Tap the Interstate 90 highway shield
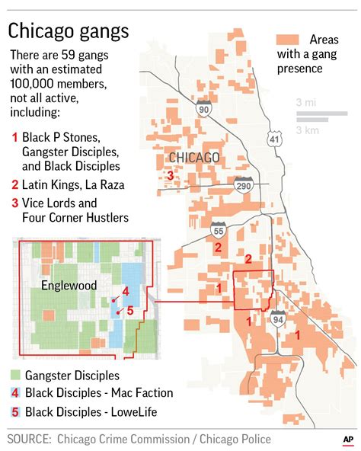point(204,108)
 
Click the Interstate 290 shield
point(244,185)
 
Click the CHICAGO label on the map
point(193,158)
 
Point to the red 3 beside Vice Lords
point(14,203)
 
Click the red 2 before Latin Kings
point(14,184)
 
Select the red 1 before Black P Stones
point(14,137)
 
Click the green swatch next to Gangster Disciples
point(14,376)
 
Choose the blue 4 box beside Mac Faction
point(14,394)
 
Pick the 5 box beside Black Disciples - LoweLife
point(14,412)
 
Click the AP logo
point(347,440)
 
